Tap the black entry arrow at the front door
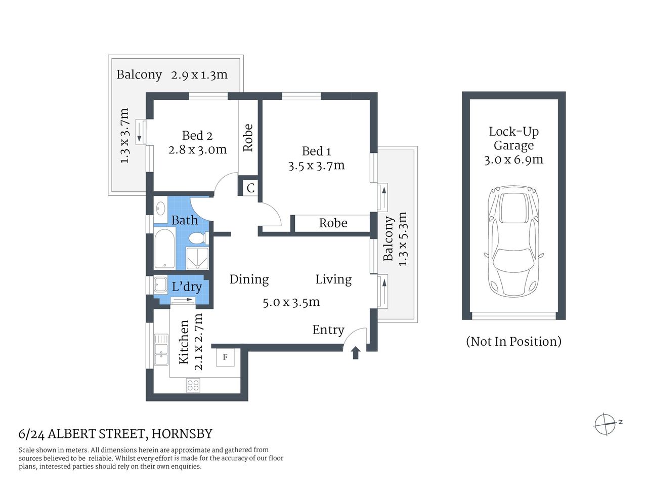click(x=355, y=352)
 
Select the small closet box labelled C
click(x=250, y=188)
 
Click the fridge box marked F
click(x=225, y=357)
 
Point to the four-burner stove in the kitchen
click(x=193, y=385)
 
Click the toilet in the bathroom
click(x=197, y=237)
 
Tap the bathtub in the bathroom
click(x=165, y=250)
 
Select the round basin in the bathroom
click(x=161, y=208)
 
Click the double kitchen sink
click(x=161, y=349)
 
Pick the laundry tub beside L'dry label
click(x=160, y=285)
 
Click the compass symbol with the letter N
click(x=606, y=423)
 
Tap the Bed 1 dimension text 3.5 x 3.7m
click(x=316, y=166)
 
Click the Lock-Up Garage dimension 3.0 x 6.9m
click(x=513, y=160)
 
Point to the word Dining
click(x=249, y=279)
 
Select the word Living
click(x=333, y=279)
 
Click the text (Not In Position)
click(x=513, y=341)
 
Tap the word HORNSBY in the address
click(x=182, y=434)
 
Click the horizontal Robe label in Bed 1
click(x=333, y=223)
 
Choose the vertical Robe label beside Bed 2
click(x=248, y=138)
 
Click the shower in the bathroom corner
click(x=196, y=259)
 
